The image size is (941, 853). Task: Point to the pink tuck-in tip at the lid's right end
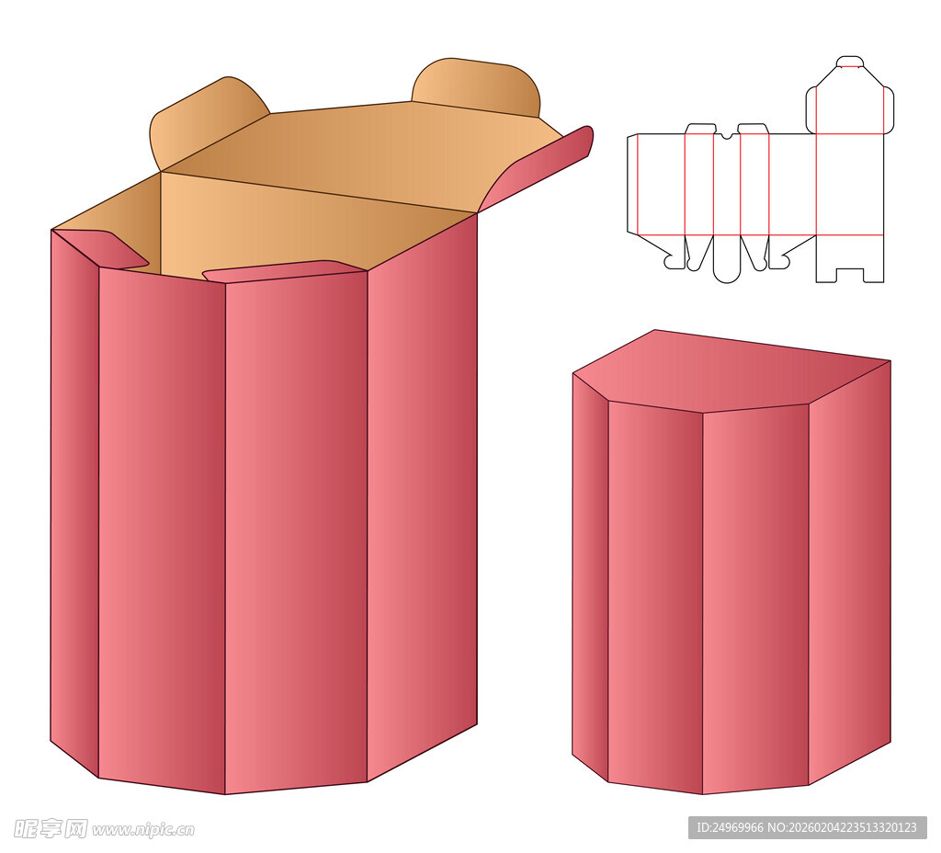tap(540, 168)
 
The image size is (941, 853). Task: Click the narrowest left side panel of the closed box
tap(590, 576)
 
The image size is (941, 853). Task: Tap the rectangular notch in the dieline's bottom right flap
tap(850, 274)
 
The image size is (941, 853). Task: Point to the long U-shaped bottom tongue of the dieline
tap(726, 259)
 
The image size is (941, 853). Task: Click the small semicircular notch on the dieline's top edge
tap(727, 136)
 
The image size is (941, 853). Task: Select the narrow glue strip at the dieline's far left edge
tap(632, 183)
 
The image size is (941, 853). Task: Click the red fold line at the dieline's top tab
tap(850, 65)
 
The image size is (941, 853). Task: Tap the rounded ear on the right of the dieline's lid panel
tap(889, 109)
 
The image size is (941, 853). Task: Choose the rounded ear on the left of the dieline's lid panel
tap(811, 109)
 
